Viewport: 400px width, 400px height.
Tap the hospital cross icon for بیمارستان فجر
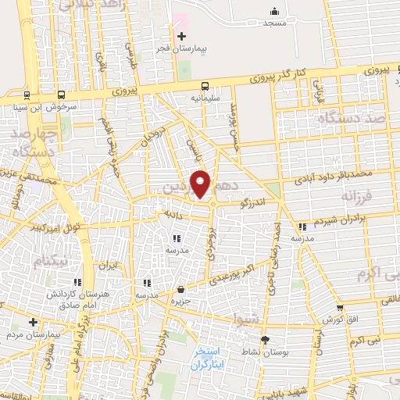click(181, 36)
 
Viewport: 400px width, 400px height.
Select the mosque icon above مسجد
click(274, 11)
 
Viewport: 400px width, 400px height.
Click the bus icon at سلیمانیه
click(205, 86)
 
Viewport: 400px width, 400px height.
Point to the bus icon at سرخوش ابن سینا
click(28, 94)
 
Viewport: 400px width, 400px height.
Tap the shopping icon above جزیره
click(180, 289)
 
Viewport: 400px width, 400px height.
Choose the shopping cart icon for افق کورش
click(340, 308)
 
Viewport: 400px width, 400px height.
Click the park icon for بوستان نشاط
click(265, 340)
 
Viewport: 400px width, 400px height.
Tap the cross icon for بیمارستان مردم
click(33, 321)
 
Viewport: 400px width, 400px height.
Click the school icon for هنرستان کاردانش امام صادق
click(77, 282)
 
